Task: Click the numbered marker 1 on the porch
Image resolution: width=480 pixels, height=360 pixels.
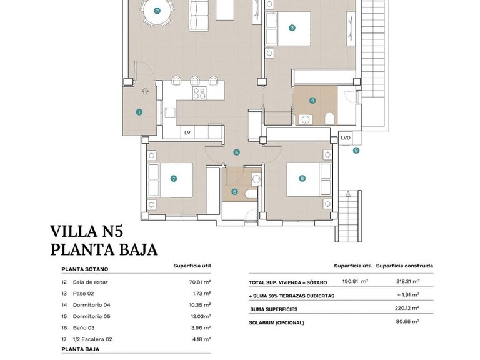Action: tap(139, 112)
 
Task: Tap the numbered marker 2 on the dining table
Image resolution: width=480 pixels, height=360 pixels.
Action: tap(157, 11)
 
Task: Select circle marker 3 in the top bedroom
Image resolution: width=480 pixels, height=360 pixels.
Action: tap(292, 27)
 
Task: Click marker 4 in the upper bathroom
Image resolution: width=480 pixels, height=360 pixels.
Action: tap(312, 101)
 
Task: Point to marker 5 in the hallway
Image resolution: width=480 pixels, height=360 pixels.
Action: tap(236, 152)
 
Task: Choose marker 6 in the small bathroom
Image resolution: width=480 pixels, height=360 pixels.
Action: tap(234, 192)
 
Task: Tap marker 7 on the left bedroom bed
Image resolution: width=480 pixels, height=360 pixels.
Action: tap(173, 178)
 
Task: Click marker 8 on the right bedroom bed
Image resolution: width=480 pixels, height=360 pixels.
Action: tap(302, 178)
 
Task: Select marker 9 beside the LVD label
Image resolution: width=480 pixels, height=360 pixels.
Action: tap(356, 150)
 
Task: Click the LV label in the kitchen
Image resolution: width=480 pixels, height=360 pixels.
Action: tap(187, 132)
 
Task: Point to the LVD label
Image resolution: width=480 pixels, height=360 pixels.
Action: tap(346, 138)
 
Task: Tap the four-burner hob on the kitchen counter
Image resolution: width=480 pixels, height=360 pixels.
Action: tap(199, 93)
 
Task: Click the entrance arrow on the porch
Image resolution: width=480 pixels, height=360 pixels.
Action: tap(145, 91)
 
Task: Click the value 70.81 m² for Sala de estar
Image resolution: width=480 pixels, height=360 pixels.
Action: tap(198, 282)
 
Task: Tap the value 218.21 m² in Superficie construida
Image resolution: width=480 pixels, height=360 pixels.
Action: tap(406, 282)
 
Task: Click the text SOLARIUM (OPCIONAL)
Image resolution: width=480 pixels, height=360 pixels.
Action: tap(276, 322)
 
